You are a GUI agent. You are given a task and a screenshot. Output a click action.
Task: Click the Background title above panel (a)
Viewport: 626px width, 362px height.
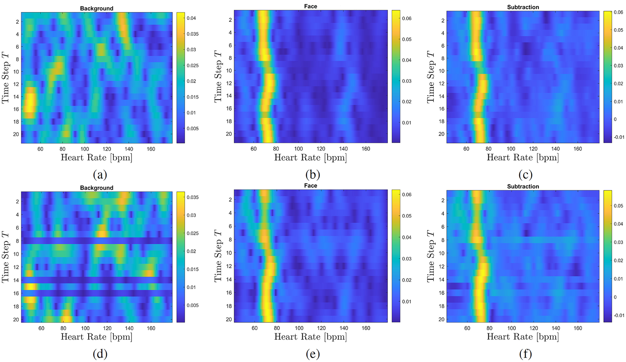pos(96,8)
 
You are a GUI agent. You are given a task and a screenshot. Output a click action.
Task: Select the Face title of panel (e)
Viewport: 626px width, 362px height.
pos(311,186)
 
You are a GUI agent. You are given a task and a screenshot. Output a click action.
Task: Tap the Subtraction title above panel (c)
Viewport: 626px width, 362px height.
pos(523,7)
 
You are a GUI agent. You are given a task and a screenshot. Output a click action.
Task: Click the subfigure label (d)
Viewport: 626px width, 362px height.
pos(100,354)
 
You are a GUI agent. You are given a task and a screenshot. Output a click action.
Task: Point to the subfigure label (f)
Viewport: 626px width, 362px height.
pos(525,354)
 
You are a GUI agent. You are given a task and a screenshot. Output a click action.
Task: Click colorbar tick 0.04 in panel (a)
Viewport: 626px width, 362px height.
pos(191,18)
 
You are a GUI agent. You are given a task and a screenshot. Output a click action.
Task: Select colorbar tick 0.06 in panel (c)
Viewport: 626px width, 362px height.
pos(618,12)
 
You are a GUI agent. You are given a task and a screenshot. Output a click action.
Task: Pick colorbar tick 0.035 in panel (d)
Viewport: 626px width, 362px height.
pos(193,197)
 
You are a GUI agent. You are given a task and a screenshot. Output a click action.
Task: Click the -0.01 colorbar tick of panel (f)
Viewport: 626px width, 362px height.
pos(619,315)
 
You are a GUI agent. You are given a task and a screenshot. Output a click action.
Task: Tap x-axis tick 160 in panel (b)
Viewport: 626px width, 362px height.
pos(366,149)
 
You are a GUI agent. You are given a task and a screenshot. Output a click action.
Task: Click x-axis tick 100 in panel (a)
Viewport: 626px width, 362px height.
pos(84,149)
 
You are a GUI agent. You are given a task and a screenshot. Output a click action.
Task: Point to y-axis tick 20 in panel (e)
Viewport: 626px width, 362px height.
pos(229,319)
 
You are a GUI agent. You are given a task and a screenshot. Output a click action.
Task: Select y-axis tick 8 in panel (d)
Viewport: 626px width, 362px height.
pos(16,241)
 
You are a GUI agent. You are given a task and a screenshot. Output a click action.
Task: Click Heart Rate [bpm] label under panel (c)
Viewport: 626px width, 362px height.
pos(522,158)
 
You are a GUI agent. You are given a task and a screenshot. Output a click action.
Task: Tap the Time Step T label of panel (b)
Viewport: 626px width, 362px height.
pos(218,76)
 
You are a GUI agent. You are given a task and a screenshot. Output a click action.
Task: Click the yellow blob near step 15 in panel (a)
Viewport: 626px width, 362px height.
pos(29,102)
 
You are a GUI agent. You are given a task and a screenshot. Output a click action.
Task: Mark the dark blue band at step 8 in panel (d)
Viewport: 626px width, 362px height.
pos(96,241)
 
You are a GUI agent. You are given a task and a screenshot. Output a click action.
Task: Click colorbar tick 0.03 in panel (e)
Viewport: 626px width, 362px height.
pos(407,259)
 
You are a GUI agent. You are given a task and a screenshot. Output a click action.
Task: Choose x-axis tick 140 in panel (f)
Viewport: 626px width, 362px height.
pos(556,328)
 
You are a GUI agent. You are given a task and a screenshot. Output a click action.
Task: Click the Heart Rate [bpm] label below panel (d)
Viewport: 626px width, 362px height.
pos(96,337)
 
